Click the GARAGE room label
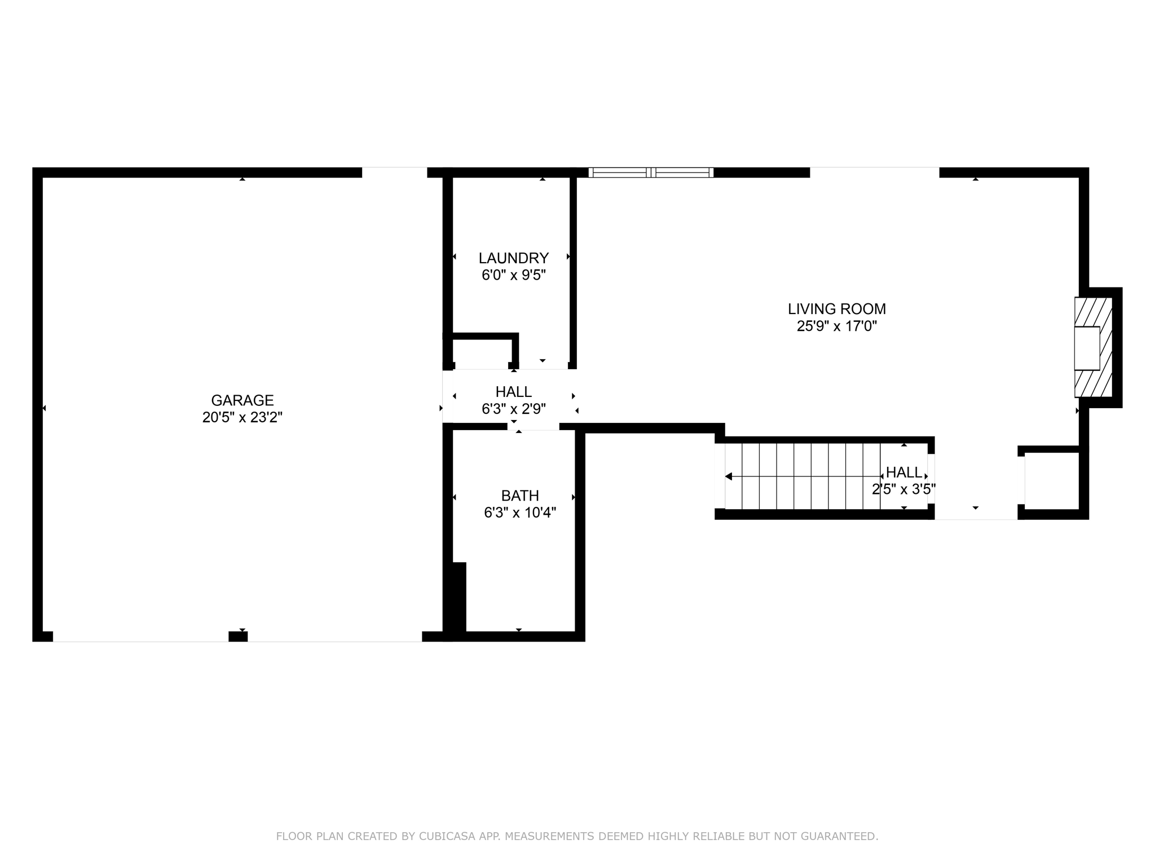coord(242,400)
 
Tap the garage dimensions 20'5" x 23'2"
coord(242,417)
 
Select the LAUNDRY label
coord(513,258)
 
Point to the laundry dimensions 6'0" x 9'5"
coord(513,275)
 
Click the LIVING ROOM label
coord(836,309)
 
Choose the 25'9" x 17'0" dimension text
coord(836,326)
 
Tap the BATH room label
coord(519,496)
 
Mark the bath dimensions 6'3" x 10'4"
coord(519,512)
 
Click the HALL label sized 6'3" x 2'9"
coord(513,392)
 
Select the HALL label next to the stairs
coord(904,472)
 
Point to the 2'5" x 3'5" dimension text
coord(903,489)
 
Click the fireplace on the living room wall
coord(1093,347)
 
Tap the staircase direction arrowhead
coord(729,476)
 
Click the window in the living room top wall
coord(651,173)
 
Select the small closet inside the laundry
coord(483,354)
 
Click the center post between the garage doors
coord(238,637)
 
